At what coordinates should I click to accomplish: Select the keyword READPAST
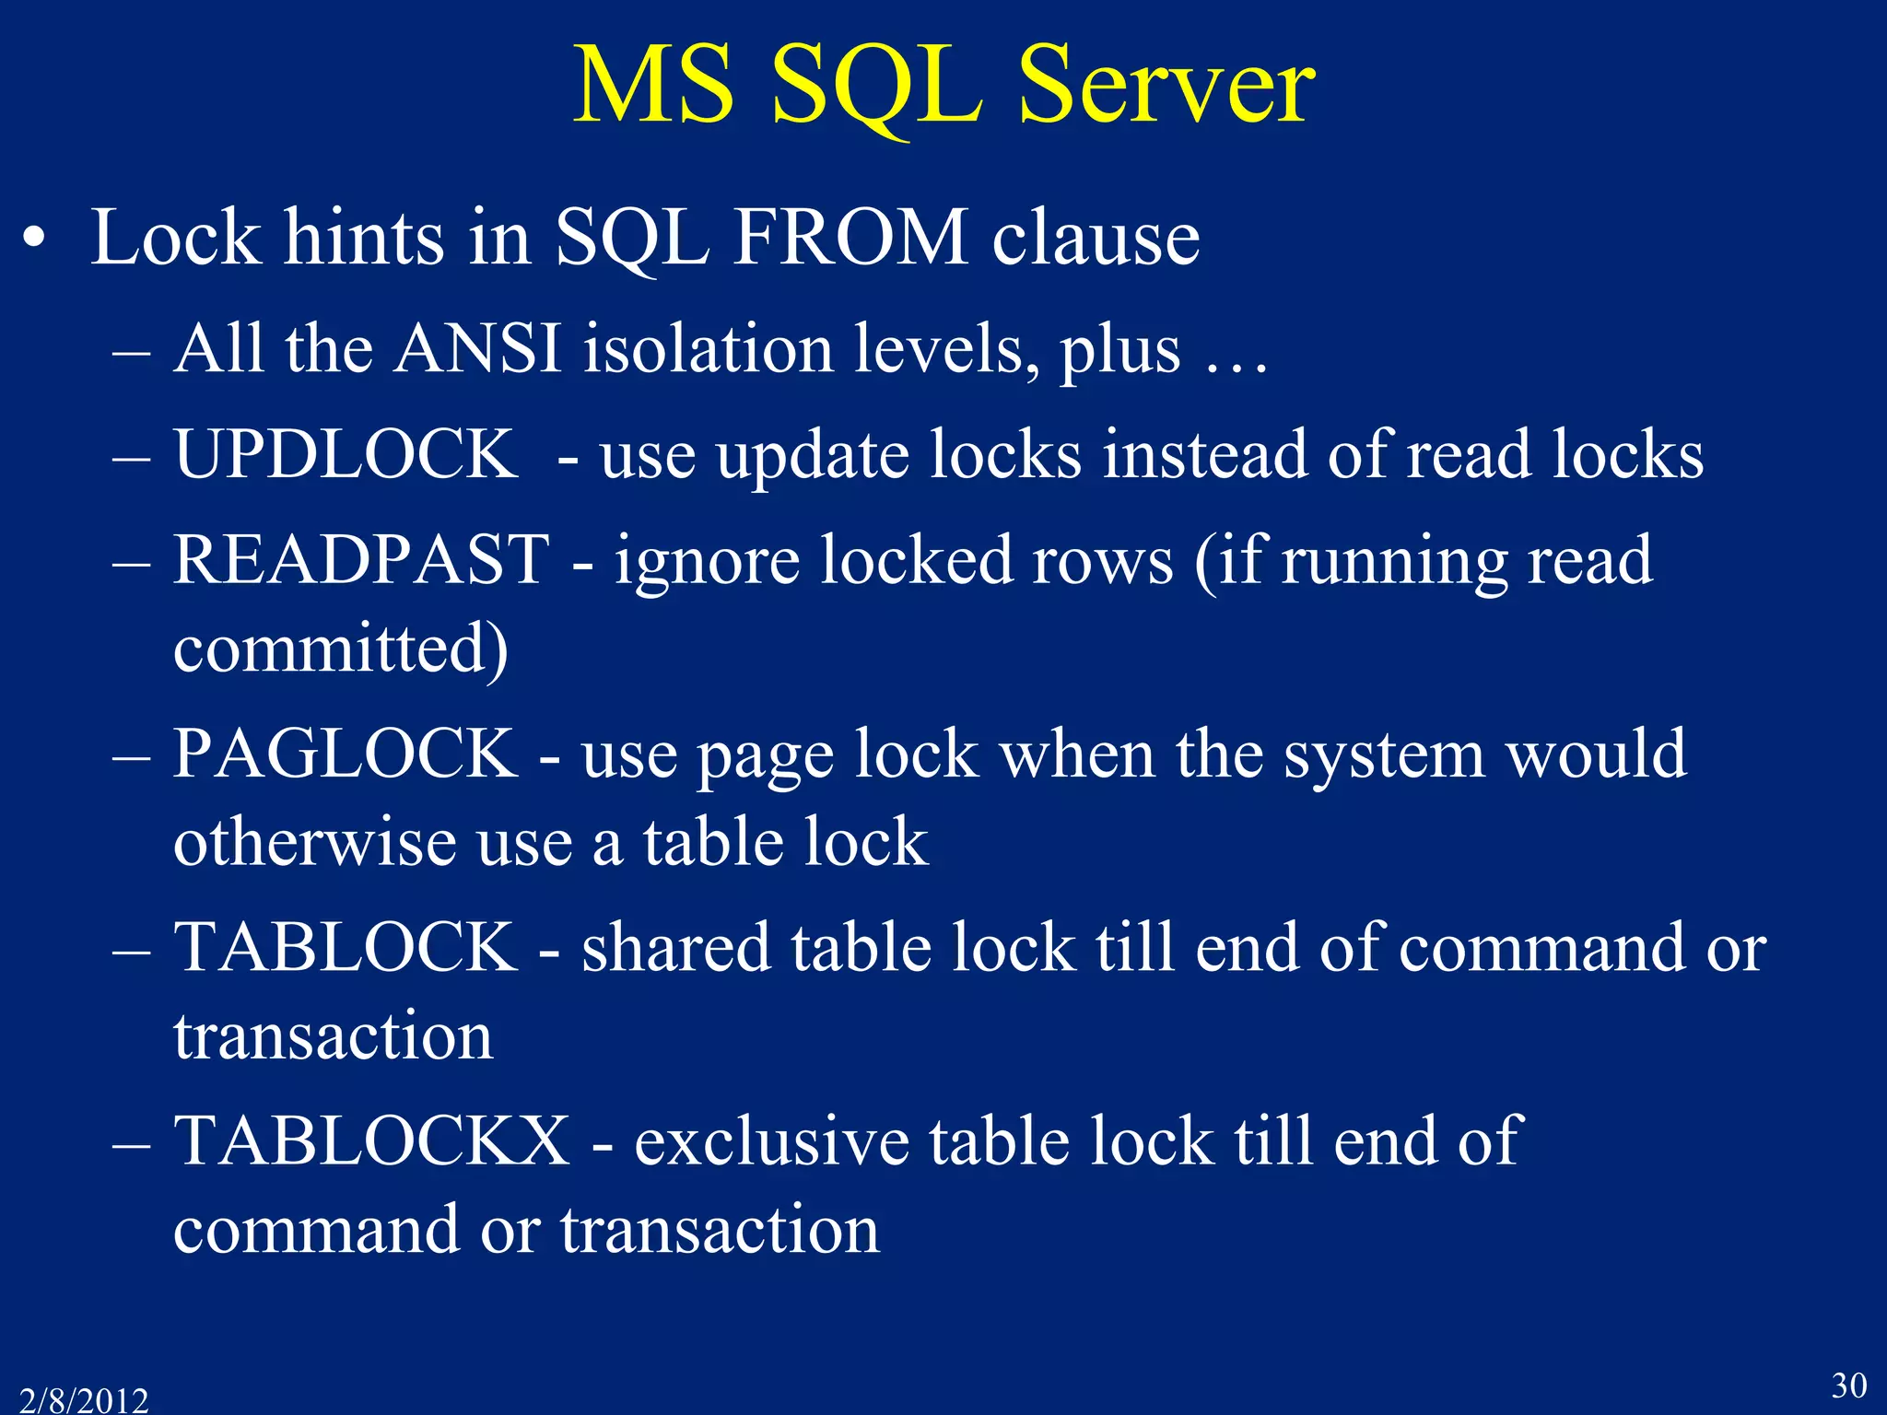tap(361, 559)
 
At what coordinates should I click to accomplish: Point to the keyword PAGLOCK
tap(346, 754)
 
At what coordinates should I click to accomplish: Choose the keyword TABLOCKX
tap(372, 1140)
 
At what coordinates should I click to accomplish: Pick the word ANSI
tap(478, 349)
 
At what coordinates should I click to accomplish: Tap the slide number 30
tap(1848, 1385)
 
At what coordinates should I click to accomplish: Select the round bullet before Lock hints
tap(34, 241)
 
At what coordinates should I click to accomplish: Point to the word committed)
tap(341, 649)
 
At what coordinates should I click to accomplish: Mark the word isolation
tap(709, 349)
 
